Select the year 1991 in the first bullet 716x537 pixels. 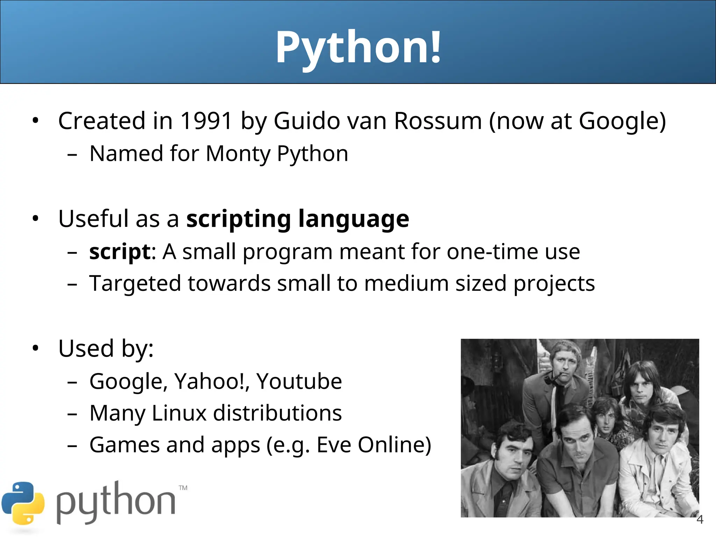click(206, 121)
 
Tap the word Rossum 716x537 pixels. click(438, 121)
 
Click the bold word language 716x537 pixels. click(353, 219)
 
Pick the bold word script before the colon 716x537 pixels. click(120, 252)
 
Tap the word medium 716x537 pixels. click(406, 283)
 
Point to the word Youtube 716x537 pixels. click(299, 381)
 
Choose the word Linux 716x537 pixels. click(179, 413)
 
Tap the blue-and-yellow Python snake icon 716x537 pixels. click(23, 503)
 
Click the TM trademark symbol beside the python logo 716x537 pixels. click(183, 488)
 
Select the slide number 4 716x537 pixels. click(700, 520)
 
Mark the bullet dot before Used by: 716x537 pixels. click(35, 348)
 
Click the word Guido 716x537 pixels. click(307, 121)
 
